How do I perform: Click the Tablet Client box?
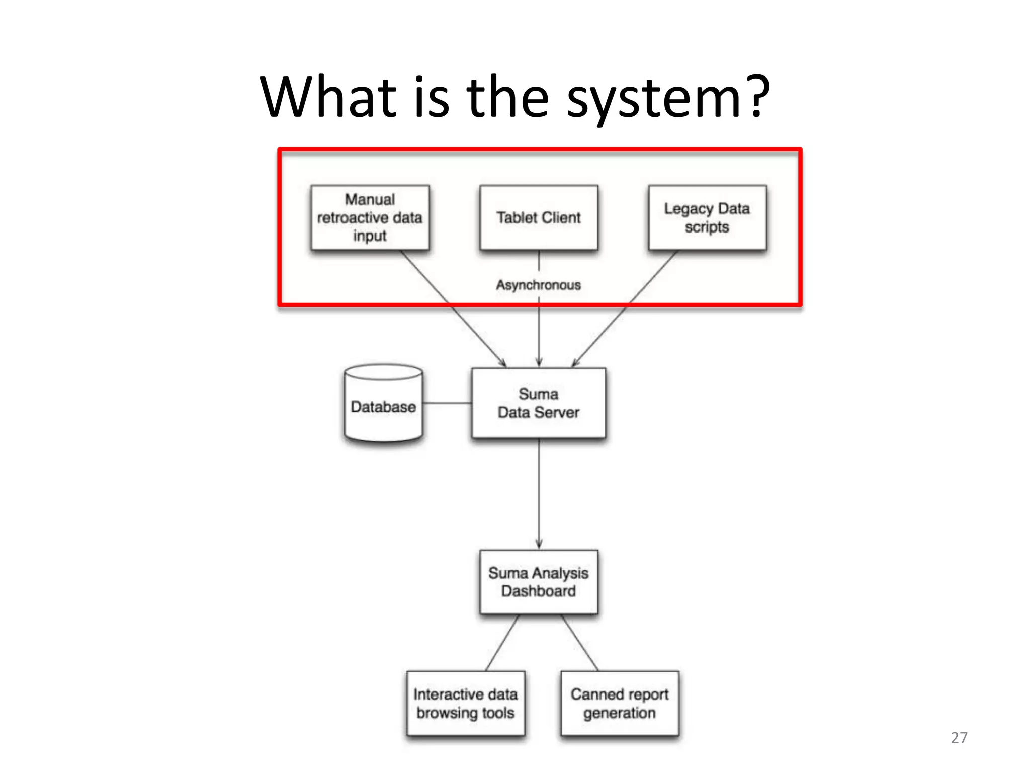pos(539,217)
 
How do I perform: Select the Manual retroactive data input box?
pos(370,217)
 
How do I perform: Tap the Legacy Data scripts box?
pos(707,217)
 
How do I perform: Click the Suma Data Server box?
pos(539,403)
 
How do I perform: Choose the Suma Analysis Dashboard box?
pos(539,582)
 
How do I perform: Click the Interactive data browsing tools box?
pos(465,704)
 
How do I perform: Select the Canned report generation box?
pos(620,704)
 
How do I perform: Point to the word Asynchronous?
pos(539,285)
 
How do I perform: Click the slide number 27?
pos(959,738)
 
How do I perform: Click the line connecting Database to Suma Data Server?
pos(447,403)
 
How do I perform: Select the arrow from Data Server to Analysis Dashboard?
pos(539,493)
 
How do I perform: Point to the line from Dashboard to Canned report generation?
pos(580,643)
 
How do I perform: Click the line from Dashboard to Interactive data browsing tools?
pos(502,643)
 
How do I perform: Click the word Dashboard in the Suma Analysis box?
pos(538,591)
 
